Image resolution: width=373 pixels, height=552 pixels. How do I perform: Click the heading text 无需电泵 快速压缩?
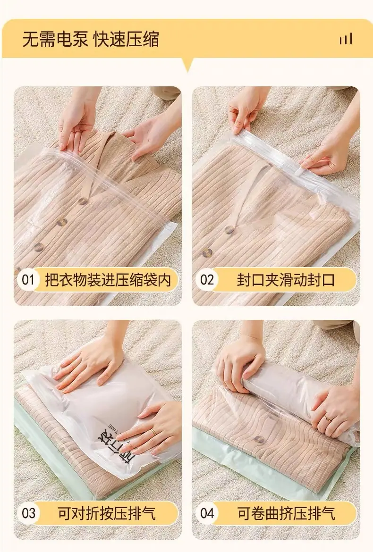[x=91, y=39]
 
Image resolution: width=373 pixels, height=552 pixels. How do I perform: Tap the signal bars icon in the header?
[x=346, y=39]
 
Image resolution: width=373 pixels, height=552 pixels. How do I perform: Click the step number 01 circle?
[x=28, y=280]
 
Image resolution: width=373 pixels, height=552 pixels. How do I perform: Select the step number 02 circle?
[x=207, y=280]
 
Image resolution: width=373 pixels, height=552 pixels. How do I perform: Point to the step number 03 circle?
[x=28, y=513]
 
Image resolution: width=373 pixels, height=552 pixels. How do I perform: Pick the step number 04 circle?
[x=207, y=513]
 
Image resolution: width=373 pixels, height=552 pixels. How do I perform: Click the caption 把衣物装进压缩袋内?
[x=108, y=280]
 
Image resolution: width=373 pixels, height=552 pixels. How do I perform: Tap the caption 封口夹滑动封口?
[x=285, y=280]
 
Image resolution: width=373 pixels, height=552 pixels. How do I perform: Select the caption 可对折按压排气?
[x=107, y=514]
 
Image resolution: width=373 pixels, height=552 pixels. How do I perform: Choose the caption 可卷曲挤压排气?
[x=286, y=514]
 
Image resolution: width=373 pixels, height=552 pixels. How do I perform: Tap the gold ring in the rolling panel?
[x=327, y=418]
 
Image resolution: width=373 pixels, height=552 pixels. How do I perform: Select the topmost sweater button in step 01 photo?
[x=83, y=201]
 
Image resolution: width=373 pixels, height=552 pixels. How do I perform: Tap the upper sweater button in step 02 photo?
[x=229, y=230]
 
